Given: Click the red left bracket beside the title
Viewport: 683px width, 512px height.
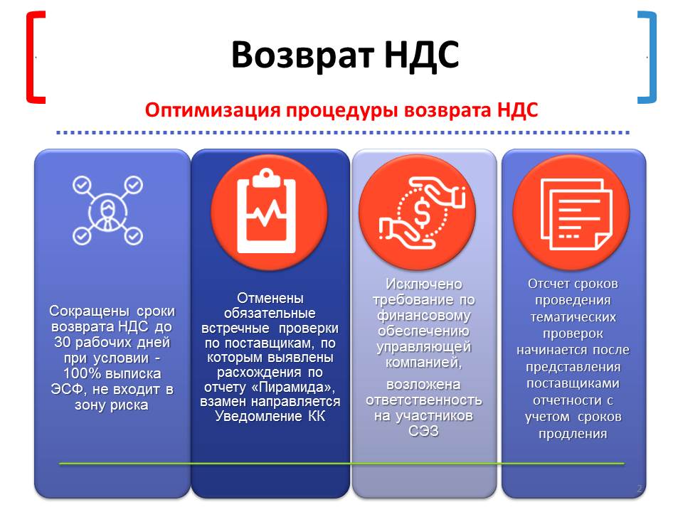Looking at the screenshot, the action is (31, 57).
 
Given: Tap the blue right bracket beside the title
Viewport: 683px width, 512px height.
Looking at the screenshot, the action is (652, 57).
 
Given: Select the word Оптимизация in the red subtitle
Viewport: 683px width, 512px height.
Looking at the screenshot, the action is (213, 110).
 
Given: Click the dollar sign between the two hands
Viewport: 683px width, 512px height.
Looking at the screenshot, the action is (422, 213).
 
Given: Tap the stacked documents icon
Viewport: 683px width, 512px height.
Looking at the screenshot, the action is (576, 214).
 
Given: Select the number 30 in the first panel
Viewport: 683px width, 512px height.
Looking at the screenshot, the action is (63, 342).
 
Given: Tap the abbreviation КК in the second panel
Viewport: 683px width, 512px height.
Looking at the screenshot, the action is (317, 416).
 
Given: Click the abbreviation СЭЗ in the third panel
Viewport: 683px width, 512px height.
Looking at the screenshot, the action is (423, 431).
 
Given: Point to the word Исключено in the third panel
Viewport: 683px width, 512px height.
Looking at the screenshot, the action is (424, 284).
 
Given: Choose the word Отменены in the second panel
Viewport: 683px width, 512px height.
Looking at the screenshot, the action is (270, 298).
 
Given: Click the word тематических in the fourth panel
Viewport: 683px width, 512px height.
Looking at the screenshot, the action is (573, 317).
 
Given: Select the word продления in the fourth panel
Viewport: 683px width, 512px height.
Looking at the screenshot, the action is (573, 434).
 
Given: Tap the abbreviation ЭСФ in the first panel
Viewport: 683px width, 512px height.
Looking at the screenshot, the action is (67, 389).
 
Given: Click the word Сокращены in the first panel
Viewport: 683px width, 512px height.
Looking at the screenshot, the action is (90, 311).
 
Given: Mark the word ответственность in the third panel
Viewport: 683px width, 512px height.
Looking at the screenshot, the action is (424, 400).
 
